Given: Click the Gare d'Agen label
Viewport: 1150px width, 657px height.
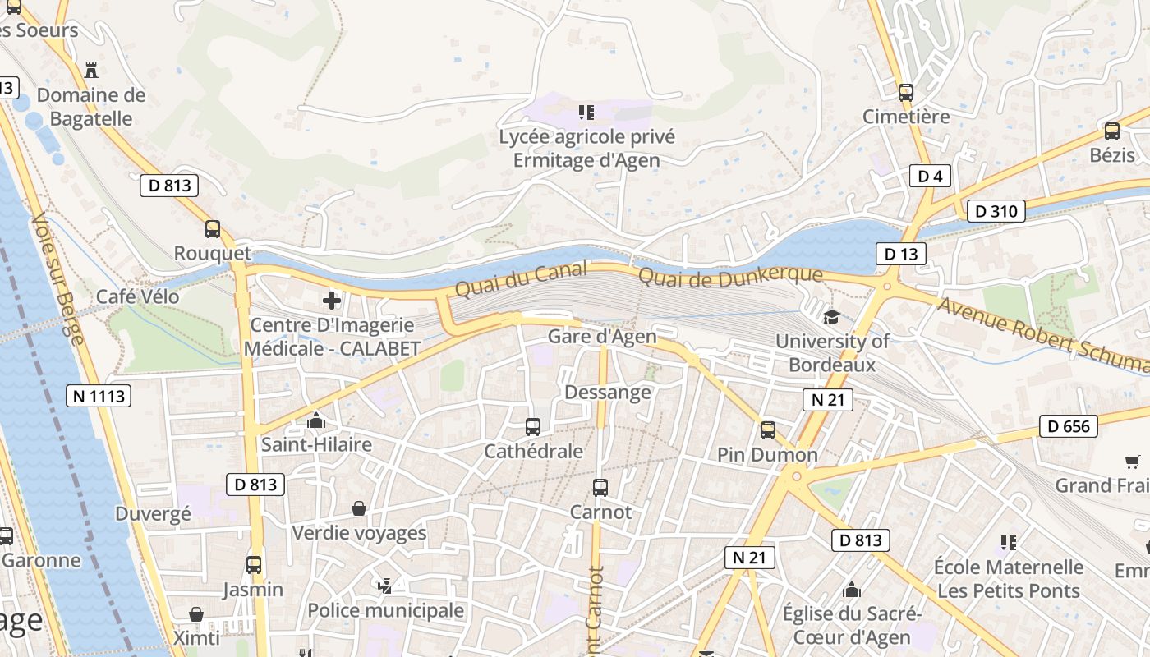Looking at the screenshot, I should click(602, 337).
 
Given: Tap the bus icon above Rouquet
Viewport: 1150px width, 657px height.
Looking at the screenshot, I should click(213, 229).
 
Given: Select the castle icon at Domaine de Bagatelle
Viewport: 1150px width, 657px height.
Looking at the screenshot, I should click(91, 71).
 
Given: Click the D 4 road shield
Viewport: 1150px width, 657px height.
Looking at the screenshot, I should click(929, 176).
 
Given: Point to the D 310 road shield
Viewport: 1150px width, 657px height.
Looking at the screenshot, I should click(996, 211).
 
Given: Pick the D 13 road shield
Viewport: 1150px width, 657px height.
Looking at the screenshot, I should click(900, 254).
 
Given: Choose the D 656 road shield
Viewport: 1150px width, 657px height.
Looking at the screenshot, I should click(1069, 425).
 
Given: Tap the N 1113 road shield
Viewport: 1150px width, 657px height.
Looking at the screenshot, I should click(99, 396).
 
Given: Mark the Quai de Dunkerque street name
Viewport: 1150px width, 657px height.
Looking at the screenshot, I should click(730, 278).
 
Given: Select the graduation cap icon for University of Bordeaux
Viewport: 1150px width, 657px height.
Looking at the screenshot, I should click(831, 317).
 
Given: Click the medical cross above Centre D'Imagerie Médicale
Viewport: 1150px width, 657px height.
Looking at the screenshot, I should click(332, 301).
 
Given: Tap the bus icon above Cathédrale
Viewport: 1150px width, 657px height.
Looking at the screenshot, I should click(533, 427).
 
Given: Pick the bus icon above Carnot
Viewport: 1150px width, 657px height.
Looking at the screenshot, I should click(600, 488).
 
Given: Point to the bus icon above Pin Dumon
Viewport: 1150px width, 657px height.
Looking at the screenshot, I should click(768, 430).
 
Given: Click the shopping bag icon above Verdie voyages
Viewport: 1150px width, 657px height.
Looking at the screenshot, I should click(359, 509).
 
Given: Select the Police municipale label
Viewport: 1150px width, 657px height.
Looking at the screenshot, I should click(385, 611).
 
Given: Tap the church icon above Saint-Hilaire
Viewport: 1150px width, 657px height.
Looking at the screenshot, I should click(315, 421).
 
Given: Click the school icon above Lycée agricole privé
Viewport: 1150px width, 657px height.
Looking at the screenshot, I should click(586, 112).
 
